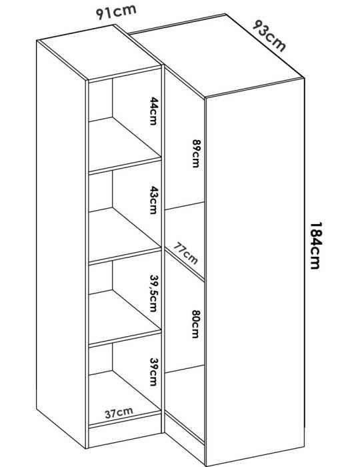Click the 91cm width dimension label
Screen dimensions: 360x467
[116, 12]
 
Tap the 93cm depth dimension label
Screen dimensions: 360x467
[269, 36]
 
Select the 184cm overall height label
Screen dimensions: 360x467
[315, 246]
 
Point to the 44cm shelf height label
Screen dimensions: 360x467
[153, 111]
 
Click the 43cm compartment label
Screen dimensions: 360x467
[153, 200]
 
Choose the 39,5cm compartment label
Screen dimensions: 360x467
[153, 293]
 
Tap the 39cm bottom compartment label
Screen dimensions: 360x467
[153, 372]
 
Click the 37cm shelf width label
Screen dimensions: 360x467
[119, 413]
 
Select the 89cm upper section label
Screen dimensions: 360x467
[195, 153]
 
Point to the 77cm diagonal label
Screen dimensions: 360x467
[185, 254]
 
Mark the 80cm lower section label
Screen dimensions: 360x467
[195, 324]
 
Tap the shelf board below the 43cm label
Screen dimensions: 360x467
[125, 236]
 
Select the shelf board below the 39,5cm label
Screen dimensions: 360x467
[125, 317]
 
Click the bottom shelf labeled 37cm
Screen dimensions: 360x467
[125, 398]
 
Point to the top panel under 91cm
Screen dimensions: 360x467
[100, 53]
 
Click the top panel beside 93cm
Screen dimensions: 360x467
[217, 55]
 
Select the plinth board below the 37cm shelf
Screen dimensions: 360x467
[125, 436]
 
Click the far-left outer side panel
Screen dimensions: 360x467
[61, 244]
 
